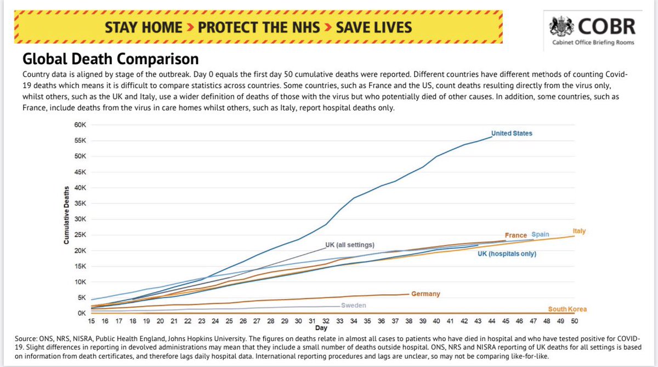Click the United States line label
coord(511,133)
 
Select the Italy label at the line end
coord(578,232)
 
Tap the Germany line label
coord(426,294)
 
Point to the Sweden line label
coord(354,306)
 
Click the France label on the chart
coord(516,235)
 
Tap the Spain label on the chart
coord(540,235)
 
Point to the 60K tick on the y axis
coord(80,125)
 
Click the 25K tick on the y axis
coord(80,235)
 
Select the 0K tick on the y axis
coord(82,313)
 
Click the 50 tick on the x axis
coord(574,321)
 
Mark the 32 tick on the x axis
coord(326,321)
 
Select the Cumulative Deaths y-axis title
coord(66,214)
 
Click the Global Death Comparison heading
coord(110,58)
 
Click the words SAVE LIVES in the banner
coord(374,26)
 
